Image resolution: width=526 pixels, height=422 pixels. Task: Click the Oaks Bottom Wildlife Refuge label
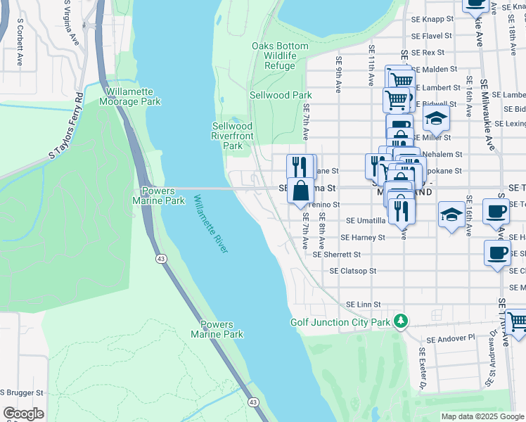(x=280, y=56)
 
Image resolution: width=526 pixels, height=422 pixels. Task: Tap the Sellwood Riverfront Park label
(x=232, y=136)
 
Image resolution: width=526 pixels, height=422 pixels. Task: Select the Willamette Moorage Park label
(x=133, y=96)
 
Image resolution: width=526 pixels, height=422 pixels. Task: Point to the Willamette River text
(x=211, y=224)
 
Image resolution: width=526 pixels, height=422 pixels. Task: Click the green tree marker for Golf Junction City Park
(x=401, y=321)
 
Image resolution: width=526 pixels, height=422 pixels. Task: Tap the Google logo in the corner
(x=23, y=414)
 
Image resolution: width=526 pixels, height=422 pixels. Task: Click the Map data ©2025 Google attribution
(x=482, y=416)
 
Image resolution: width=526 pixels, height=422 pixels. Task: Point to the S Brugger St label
(x=22, y=392)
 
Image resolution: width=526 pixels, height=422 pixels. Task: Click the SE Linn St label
(x=363, y=305)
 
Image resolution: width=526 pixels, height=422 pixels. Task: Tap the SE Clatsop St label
(x=353, y=271)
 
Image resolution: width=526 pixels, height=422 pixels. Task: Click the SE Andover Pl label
(x=452, y=339)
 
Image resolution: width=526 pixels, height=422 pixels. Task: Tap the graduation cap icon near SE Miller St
(x=436, y=119)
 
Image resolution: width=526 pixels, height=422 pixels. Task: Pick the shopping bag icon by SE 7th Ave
(x=300, y=190)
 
